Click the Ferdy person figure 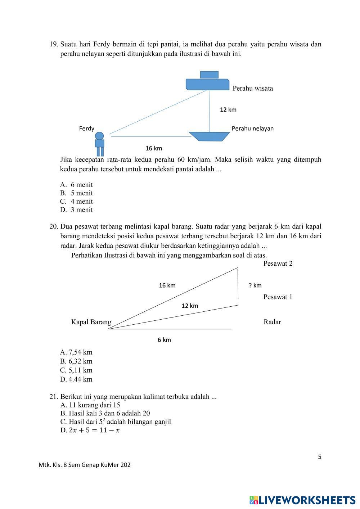click(x=99, y=143)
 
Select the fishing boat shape click(x=210, y=136)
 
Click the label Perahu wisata click(x=253, y=88)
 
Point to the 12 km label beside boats click(x=228, y=109)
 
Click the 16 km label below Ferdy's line click(x=154, y=148)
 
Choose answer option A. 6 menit click(x=77, y=185)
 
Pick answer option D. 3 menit click(x=77, y=210)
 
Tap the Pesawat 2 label click(x=278, y=263)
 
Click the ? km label click(x=255, y=285)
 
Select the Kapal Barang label click(x=91, y=322)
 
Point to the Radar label click(x=272, y=322)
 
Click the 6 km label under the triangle click(x=164, y=340)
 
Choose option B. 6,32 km click(x=76, y=361)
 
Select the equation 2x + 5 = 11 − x click(x=94, y=430)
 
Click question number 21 click(x=54, y=397)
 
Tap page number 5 click(x=320, y=457)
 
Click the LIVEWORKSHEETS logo click(x=302, y=500)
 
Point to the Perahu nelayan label click(x=252, y=129)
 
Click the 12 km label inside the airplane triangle click(x=190, y=306)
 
